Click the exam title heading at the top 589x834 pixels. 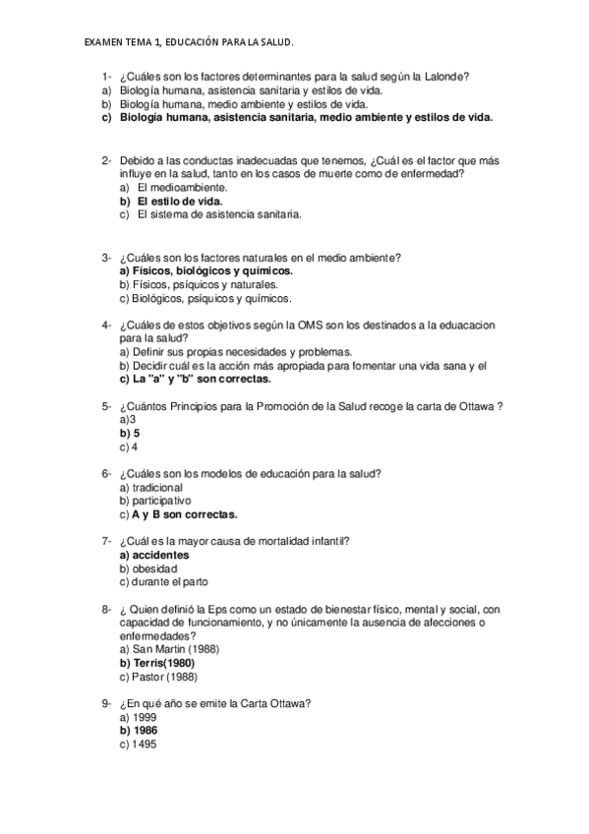(x=189, y=42)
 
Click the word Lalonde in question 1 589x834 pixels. (x=444, y=77)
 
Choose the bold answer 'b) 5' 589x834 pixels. (x=130, y=433)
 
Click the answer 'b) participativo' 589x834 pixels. (x=154, y=500)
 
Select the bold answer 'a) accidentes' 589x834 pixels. (x=153, y=555)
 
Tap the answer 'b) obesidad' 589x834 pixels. (x=147, y=568)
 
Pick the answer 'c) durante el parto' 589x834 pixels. (x=163, y=582)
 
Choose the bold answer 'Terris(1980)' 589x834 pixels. (x=163, y=663)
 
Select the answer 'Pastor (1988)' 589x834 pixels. (x=163, y=677)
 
